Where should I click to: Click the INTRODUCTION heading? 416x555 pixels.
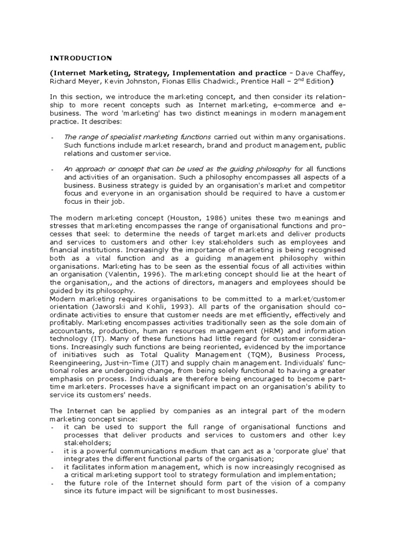click(81, 57)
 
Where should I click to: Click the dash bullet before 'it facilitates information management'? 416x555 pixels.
click(52, 468)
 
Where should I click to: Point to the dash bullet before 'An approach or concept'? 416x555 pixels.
click(52, 170)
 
